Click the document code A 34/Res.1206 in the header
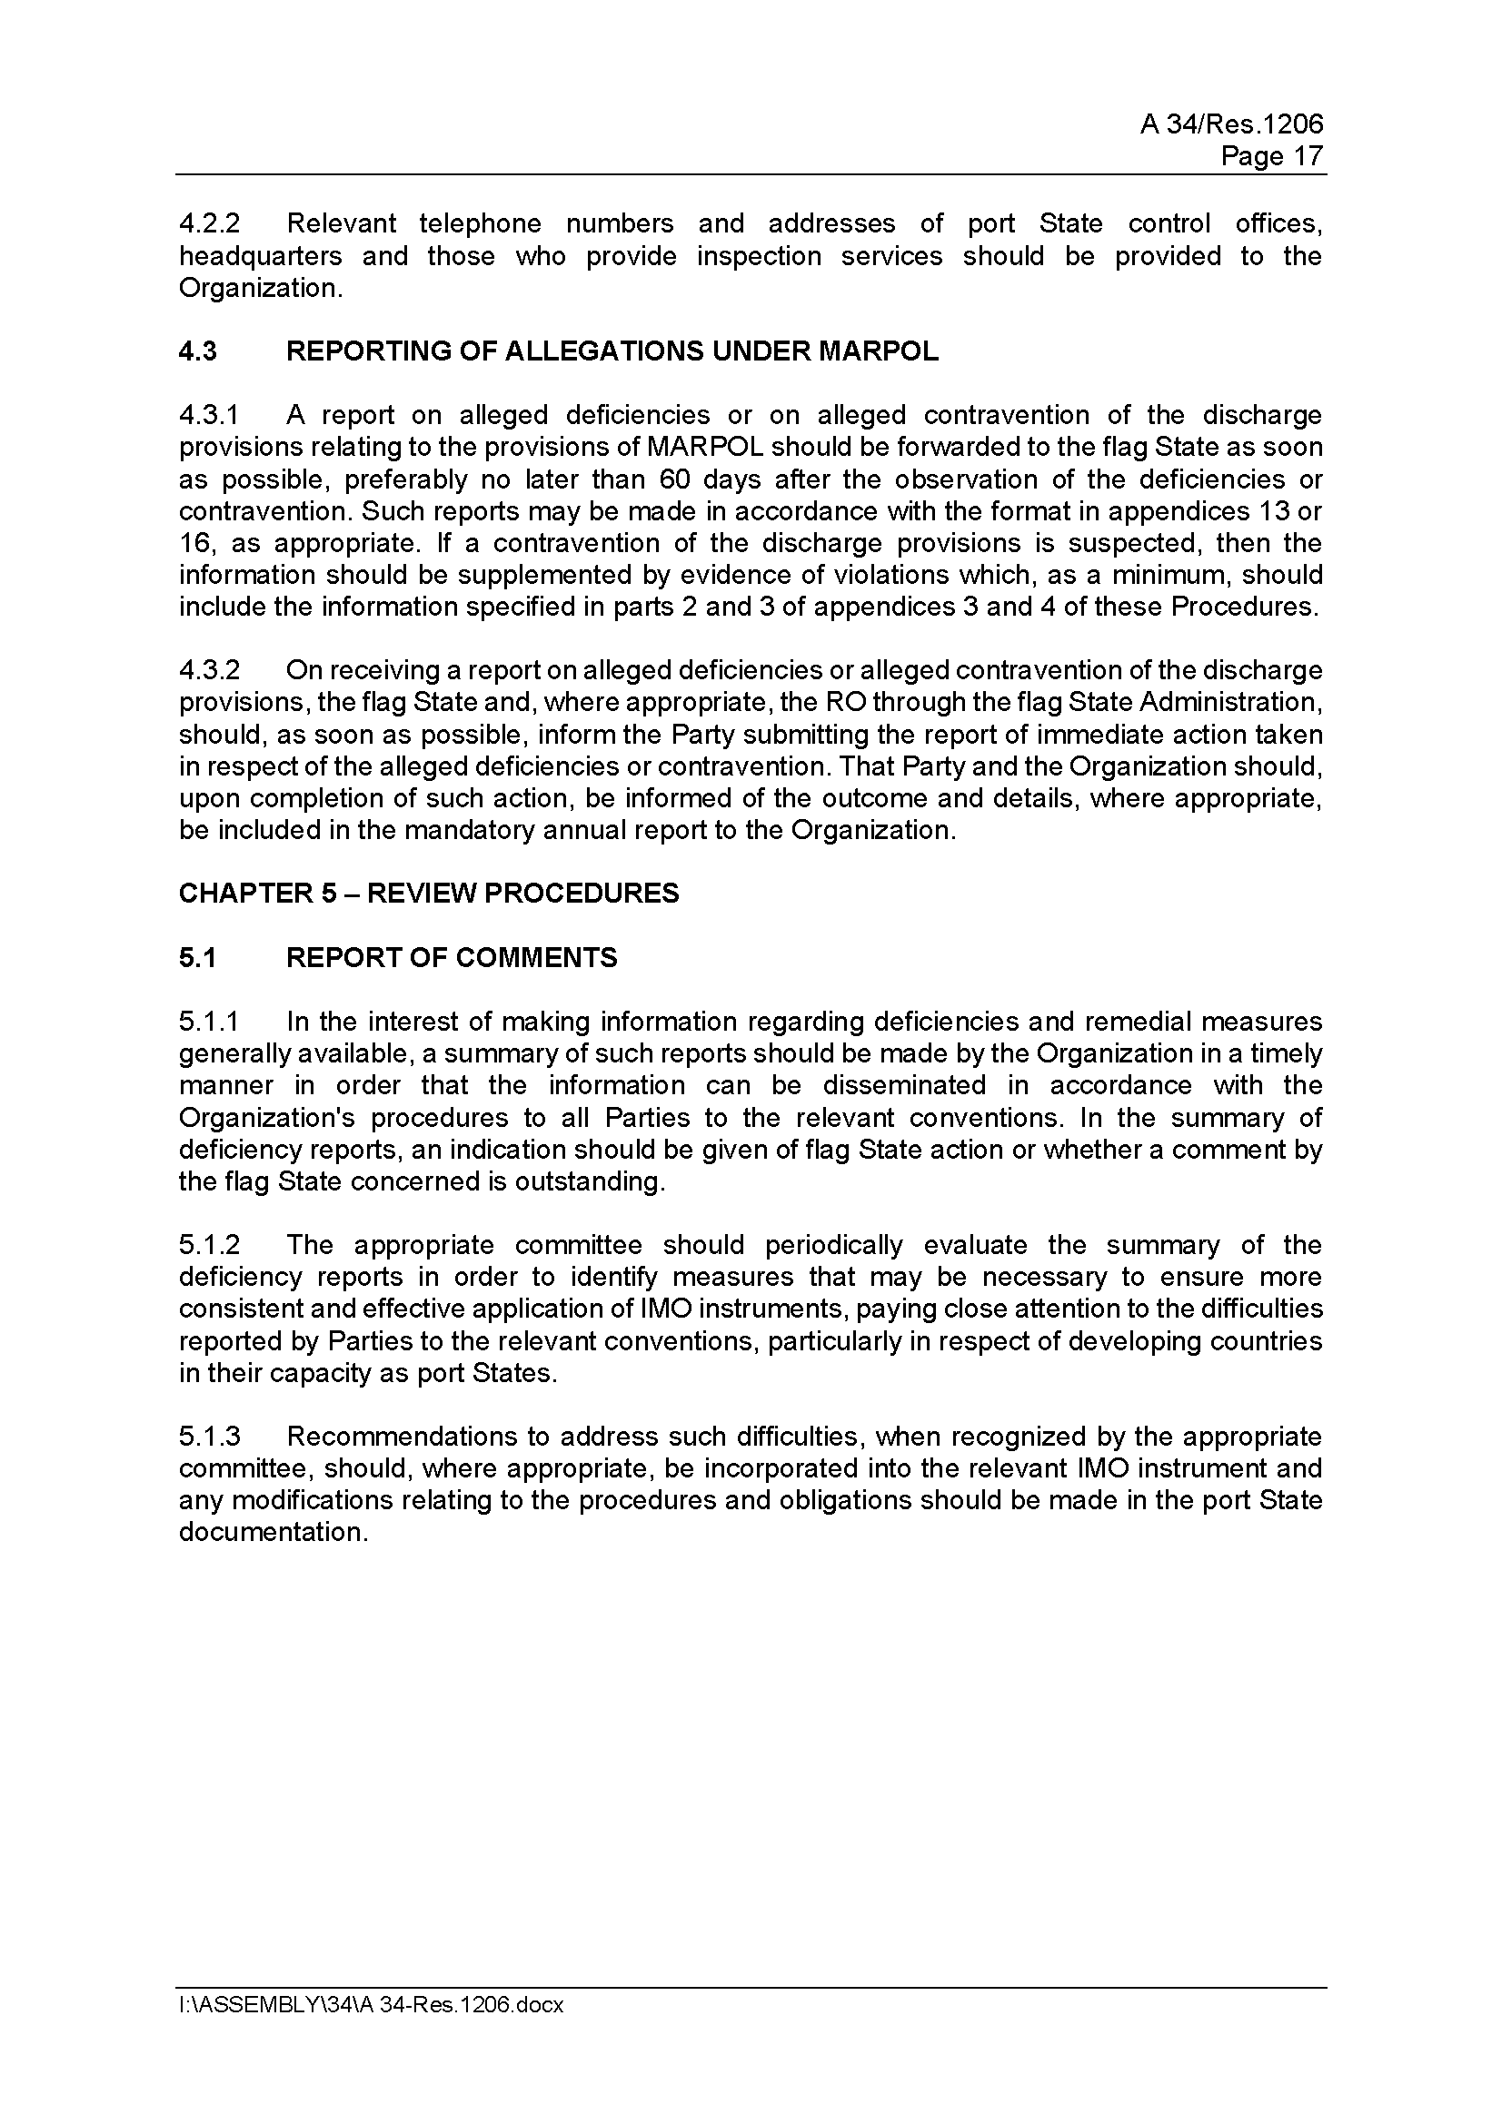point(1231,124)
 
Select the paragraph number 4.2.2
point(209,224)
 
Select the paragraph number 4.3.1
point(209,415)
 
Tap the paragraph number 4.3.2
point(209,671)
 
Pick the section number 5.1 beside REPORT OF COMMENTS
point(197,957)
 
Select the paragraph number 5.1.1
point(209,1022)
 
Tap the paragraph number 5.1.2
point(209,1245)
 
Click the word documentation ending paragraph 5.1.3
point(273,1533)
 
